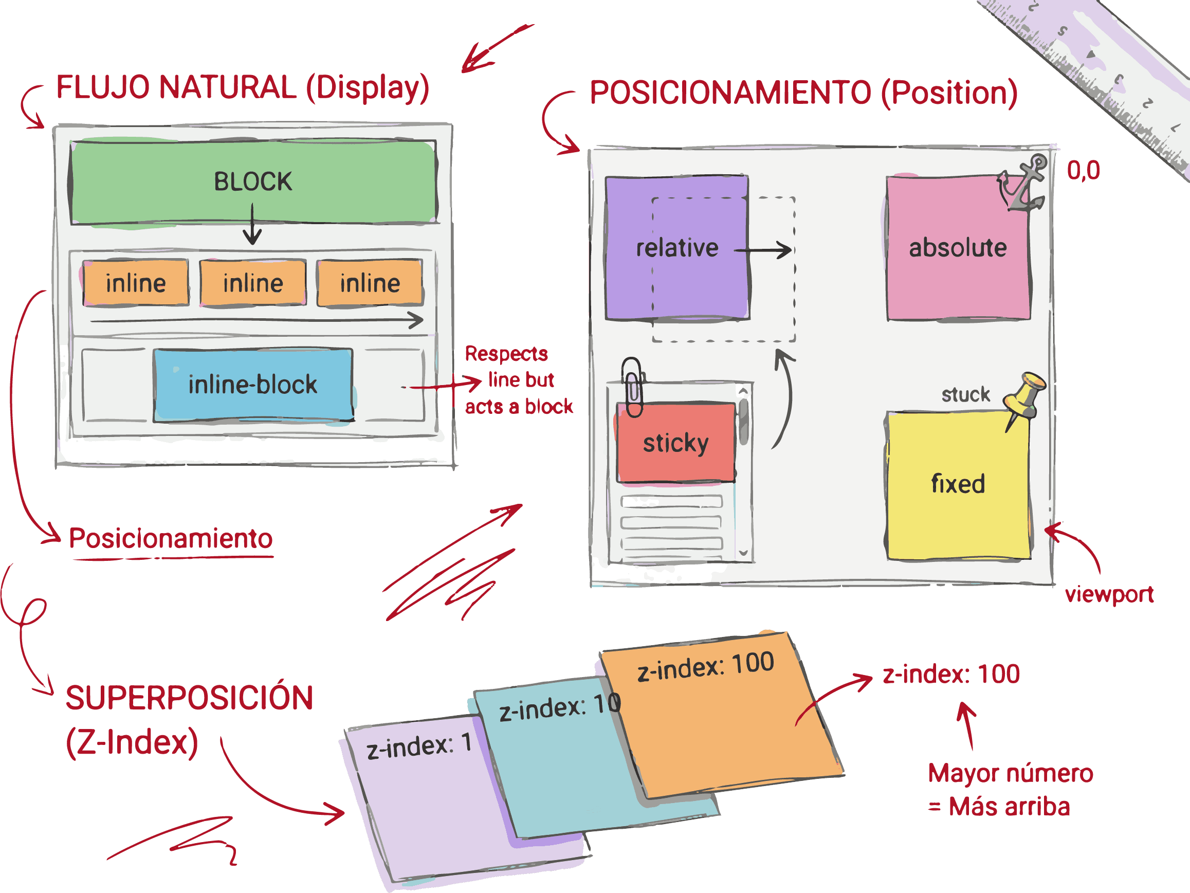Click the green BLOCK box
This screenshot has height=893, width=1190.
(x=253, y=182)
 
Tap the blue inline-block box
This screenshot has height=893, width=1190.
(x=253, y=385)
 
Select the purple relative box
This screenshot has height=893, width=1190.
(x=677, y=248)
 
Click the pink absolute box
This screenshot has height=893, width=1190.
(x=958, y=248)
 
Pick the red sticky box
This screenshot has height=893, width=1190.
(x=675, y=443)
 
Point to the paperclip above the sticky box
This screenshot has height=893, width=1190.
(x=633, y=386)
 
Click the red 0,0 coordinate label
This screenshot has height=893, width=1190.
(x=1083, y=171)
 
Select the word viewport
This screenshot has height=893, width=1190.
(x=1109, y=594)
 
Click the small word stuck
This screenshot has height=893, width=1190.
(x=966, y=394)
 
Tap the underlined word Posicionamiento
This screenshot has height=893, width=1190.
(x=171, y=538)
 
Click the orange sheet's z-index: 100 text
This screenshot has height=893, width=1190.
(x=705, y=666)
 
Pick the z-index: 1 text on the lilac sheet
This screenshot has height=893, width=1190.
(x=419, y=745)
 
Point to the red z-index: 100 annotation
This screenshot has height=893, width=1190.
(x=951, y=674)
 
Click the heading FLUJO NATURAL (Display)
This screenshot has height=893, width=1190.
(x=243, y=88)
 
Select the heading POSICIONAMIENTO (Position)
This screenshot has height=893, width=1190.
(x=803, y=93)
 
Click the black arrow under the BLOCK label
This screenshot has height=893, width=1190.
(x=252, y=224)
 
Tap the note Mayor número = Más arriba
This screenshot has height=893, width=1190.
(x=1010, y=790)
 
